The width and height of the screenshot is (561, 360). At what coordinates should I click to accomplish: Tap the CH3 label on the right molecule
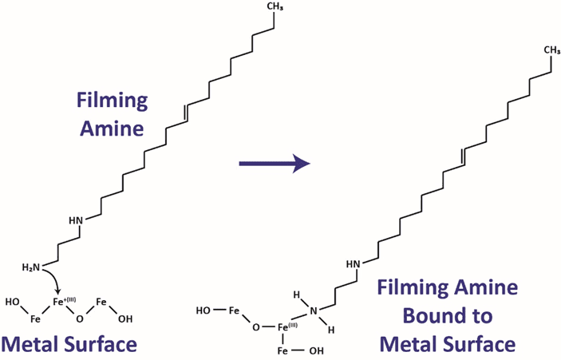551,49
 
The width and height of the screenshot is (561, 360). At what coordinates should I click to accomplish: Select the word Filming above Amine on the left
112,101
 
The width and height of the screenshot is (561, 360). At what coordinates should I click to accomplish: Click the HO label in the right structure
203,310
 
